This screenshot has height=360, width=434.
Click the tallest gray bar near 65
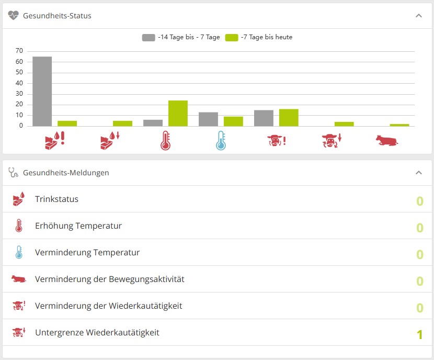[42, 92]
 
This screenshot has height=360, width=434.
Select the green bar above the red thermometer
[178, 113]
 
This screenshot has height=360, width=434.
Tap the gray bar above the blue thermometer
[209, 119]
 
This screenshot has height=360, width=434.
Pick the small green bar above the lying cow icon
[399, 125]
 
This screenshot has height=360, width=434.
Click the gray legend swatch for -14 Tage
[149, 37]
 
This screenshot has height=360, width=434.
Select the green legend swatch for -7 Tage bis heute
[232, 37]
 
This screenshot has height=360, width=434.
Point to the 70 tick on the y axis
[19, 51]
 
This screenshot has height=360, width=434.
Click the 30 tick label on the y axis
[19, 94]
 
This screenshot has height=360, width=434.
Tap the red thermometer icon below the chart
[166, 141]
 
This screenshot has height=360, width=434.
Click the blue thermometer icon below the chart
[221, 141]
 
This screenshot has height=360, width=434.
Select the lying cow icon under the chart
[387, 141]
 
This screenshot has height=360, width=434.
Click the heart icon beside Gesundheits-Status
[13, 16]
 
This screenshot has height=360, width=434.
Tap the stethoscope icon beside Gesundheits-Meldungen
[13, 172]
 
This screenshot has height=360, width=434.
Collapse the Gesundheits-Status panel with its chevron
[419, 16]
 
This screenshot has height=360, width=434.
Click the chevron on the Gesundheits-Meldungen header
[419, 173]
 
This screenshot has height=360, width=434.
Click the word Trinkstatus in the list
[56, 199]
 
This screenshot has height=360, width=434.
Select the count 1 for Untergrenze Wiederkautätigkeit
[419, 334]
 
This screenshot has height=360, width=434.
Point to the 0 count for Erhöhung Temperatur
[420, 228]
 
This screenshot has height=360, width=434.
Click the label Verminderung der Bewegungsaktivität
[110, 279]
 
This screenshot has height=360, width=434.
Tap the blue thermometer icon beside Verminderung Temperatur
[19, 252]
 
